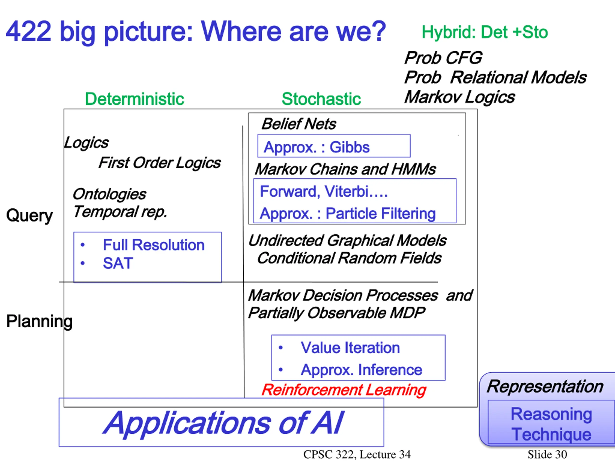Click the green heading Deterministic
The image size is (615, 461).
(x=134, y=99)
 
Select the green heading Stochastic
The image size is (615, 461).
(x=321, y=99)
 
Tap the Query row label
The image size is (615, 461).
(x=30, y=215)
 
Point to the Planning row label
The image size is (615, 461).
(x=39, y=321)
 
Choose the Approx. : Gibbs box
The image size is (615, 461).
(x=334, y=146)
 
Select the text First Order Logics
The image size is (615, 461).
(x=160, y=163)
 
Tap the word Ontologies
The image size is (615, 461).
(x=109, y=194)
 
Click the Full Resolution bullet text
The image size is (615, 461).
(x=154, y=245)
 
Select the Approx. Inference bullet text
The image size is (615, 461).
(x=361, y=370)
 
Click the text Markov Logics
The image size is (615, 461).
(x=459, y=97)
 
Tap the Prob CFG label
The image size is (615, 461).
(x=443, y=58)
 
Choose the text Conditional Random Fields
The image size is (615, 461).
(x=349, y=258)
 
